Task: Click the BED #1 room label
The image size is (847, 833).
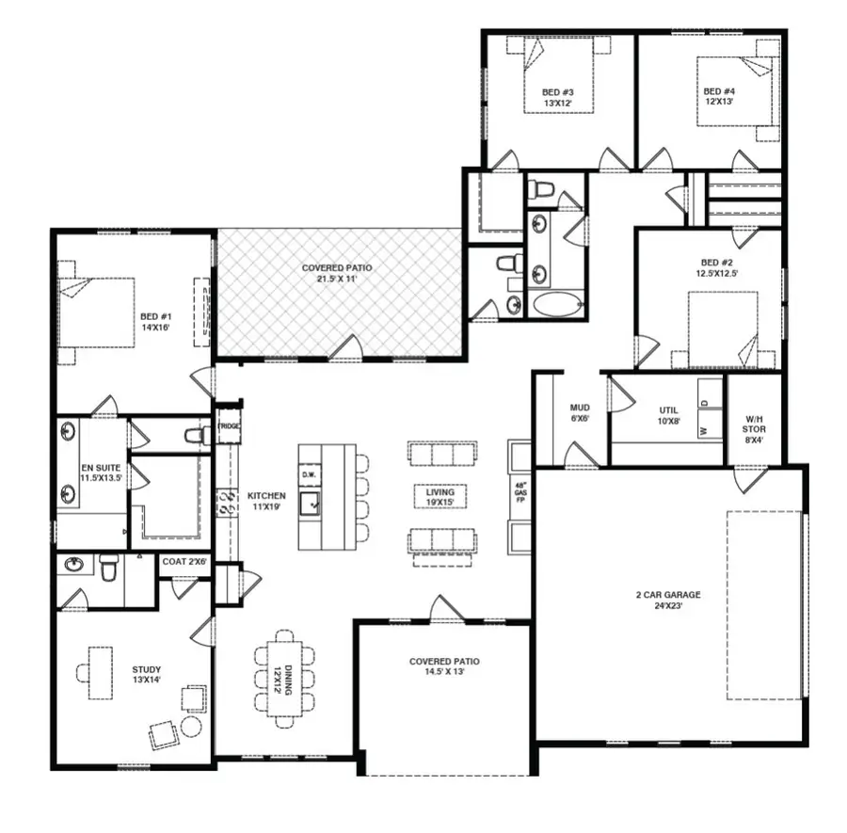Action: (155, 322)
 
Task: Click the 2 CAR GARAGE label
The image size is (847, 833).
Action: (668, 601)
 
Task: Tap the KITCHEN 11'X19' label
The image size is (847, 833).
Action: (266, 501)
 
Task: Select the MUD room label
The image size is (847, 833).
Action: (580, 413)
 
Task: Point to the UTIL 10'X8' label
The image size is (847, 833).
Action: (668, 415)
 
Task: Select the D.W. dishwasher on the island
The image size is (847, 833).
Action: (309, 474)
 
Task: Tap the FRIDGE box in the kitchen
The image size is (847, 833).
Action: (229, 426)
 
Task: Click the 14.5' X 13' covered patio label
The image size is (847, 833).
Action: (444, 667)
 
